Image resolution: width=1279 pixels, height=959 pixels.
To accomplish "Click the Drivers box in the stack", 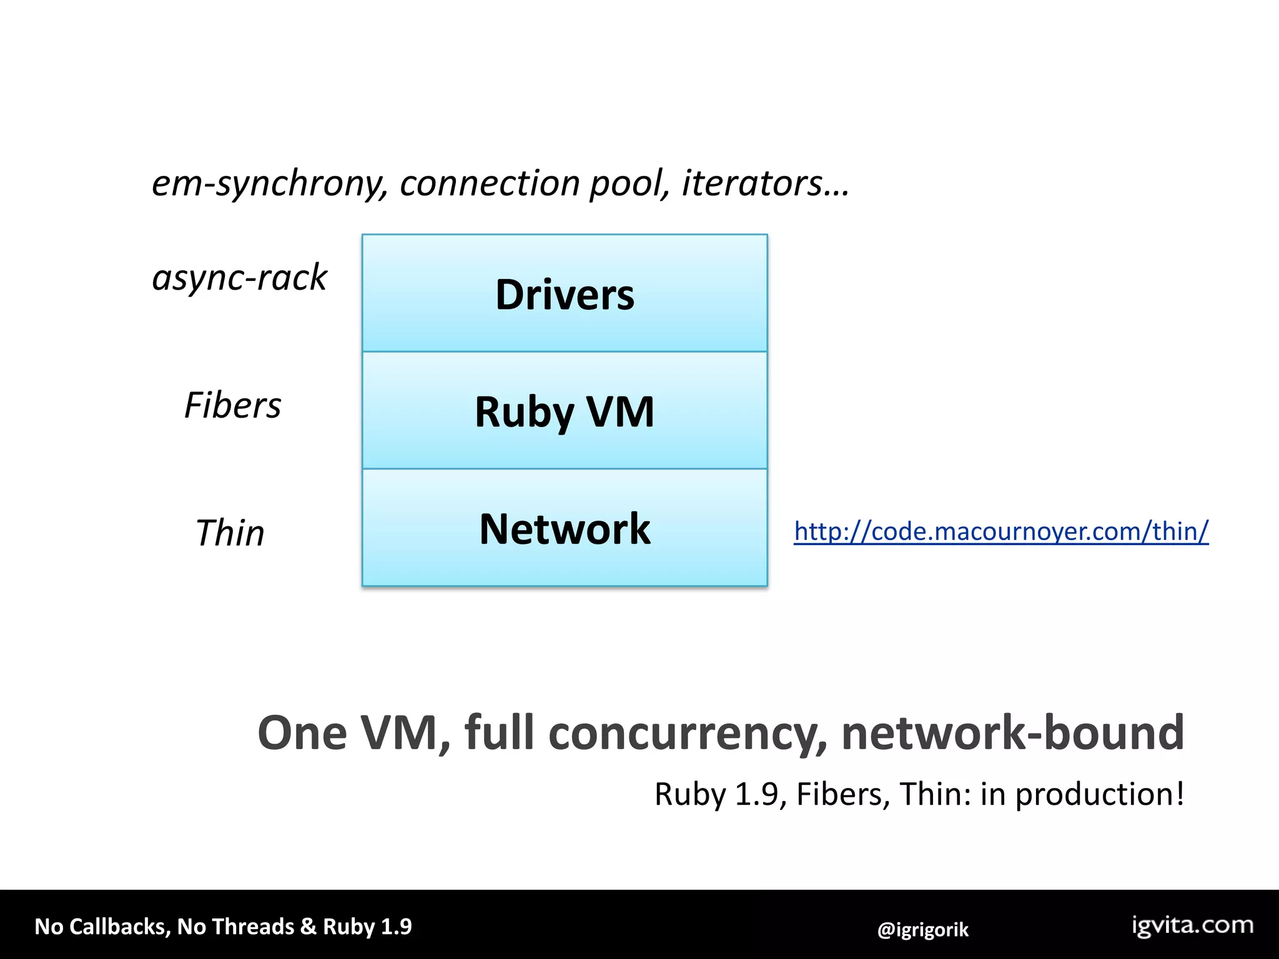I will coord(565,293).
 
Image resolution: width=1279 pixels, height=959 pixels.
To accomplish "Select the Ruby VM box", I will coord(565,411).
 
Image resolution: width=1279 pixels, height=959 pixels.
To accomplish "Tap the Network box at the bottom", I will coord(565,528).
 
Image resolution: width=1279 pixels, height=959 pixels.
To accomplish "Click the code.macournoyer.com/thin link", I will coord(1001,531).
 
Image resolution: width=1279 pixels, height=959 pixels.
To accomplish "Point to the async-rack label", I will coord(239,277).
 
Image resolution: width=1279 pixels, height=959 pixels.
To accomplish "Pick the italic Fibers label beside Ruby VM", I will coord(232,405).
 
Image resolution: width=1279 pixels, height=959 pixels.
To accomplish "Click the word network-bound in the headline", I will coord(1012,733).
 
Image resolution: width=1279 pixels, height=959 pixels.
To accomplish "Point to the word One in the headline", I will coord(302,733).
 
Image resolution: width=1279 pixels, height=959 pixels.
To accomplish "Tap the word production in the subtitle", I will coord(1100,794).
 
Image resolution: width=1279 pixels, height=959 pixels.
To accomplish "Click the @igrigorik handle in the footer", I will coord(922,930).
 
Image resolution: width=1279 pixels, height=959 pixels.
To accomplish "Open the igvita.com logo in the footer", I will coord(1193,925).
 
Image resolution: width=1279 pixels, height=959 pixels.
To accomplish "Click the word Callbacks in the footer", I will coord(119,927).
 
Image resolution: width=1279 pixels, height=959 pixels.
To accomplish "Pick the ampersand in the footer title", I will coord(308,927).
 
